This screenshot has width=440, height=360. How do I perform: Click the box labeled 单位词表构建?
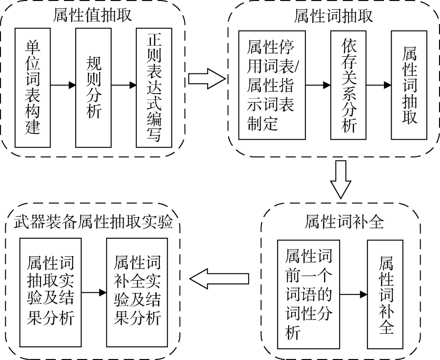(33, 88)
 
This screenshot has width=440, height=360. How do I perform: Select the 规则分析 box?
(94, 88)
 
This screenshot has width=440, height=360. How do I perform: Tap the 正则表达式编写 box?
(154, 88)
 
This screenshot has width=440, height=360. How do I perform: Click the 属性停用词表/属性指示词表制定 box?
(271, 85)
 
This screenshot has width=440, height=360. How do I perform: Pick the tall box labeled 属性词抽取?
(409, 85)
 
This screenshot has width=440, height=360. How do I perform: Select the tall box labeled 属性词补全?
(386, 294)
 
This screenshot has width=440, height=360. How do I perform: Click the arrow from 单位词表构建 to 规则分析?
(63, 85)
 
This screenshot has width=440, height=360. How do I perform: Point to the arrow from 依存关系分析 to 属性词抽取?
(378, 85)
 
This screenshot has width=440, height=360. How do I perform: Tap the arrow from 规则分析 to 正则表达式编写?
(124, 85)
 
